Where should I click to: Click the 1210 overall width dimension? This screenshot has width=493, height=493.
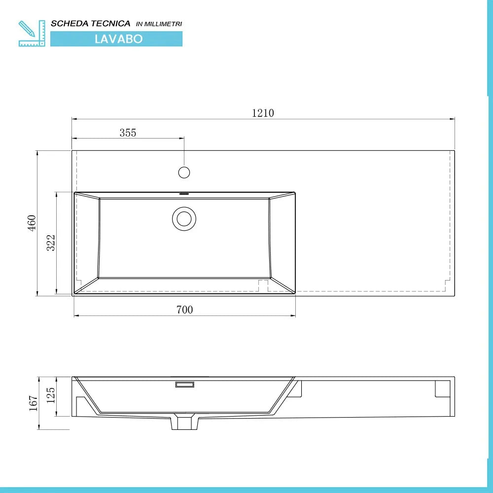click(x=263, y=113)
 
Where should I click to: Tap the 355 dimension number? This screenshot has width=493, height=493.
click(x=128, y=133)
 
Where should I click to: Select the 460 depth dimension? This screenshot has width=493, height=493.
click(x=32, y=223)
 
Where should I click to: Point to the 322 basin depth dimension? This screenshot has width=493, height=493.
click(x=51, y=243)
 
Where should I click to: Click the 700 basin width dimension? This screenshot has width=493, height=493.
click(x=185, y=310)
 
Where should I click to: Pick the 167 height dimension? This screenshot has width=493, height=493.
click(x=33, y=403)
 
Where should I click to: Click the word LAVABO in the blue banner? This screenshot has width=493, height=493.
click(x=118, y=39)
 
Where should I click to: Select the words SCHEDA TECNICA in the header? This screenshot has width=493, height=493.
click(x=91, y=23)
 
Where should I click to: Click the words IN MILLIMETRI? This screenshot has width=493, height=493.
click(x=159, y=24)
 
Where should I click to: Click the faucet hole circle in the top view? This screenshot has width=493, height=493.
click(x=184, y=172)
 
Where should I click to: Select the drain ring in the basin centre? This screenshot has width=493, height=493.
click(x=184, y=218)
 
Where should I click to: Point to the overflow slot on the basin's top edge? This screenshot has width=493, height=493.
click(x=184, y=194)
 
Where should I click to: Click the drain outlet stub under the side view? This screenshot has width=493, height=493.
click(x=185, y=422)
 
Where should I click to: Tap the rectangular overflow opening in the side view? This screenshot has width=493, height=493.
click(x=185, y=384)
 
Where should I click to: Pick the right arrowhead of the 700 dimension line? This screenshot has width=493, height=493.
click(x=293, y=316)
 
